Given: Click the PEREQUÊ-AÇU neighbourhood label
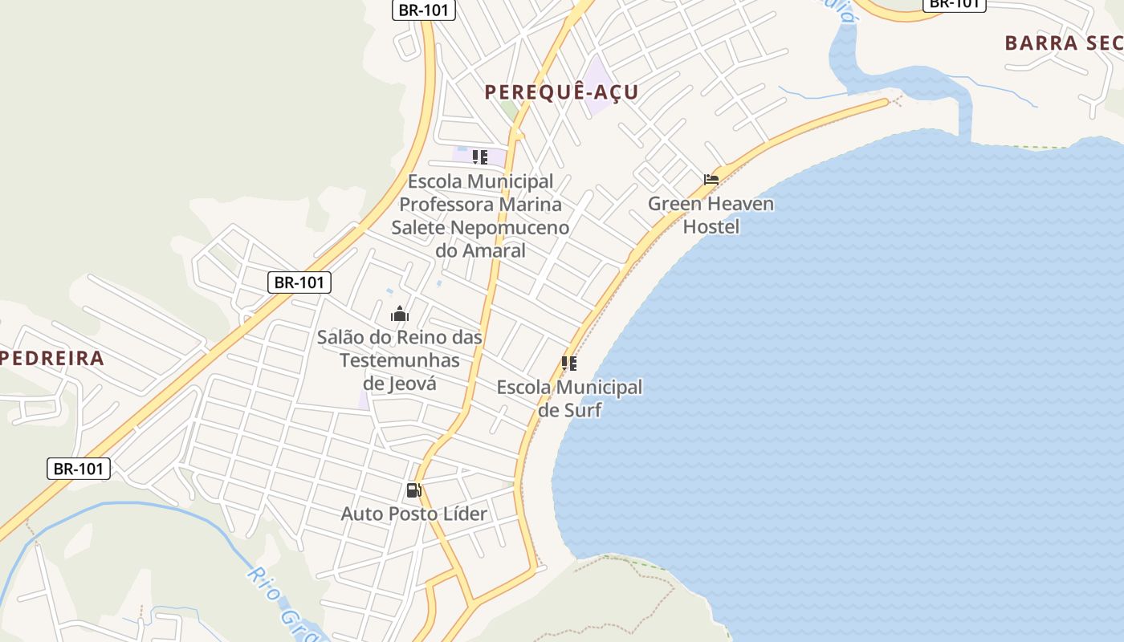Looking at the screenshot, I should click(561, 92).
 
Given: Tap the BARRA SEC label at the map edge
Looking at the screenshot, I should click(1063, 43).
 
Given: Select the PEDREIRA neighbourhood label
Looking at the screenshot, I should click(52, 358).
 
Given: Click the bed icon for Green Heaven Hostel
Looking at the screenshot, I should click(711, 180).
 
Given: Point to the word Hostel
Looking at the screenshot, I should click(711, 227).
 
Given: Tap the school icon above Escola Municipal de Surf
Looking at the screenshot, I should click(569, 364).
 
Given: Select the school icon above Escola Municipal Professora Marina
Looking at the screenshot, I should click(480, 157).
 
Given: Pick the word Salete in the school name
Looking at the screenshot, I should click(417, 227).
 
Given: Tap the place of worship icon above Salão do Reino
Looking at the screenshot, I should click(400, 314).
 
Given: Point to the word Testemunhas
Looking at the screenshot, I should click(400, 360).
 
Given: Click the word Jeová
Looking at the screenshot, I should click(413, 384).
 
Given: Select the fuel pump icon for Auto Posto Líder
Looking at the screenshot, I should click(413, 490).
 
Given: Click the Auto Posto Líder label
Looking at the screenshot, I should click(413, 514).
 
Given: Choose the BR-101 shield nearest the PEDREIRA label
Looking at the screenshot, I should click(79, 469).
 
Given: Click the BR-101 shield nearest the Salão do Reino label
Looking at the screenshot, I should click(299, 282).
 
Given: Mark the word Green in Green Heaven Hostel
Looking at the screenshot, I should click(673, 204).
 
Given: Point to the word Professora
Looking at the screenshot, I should click(450, 204).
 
